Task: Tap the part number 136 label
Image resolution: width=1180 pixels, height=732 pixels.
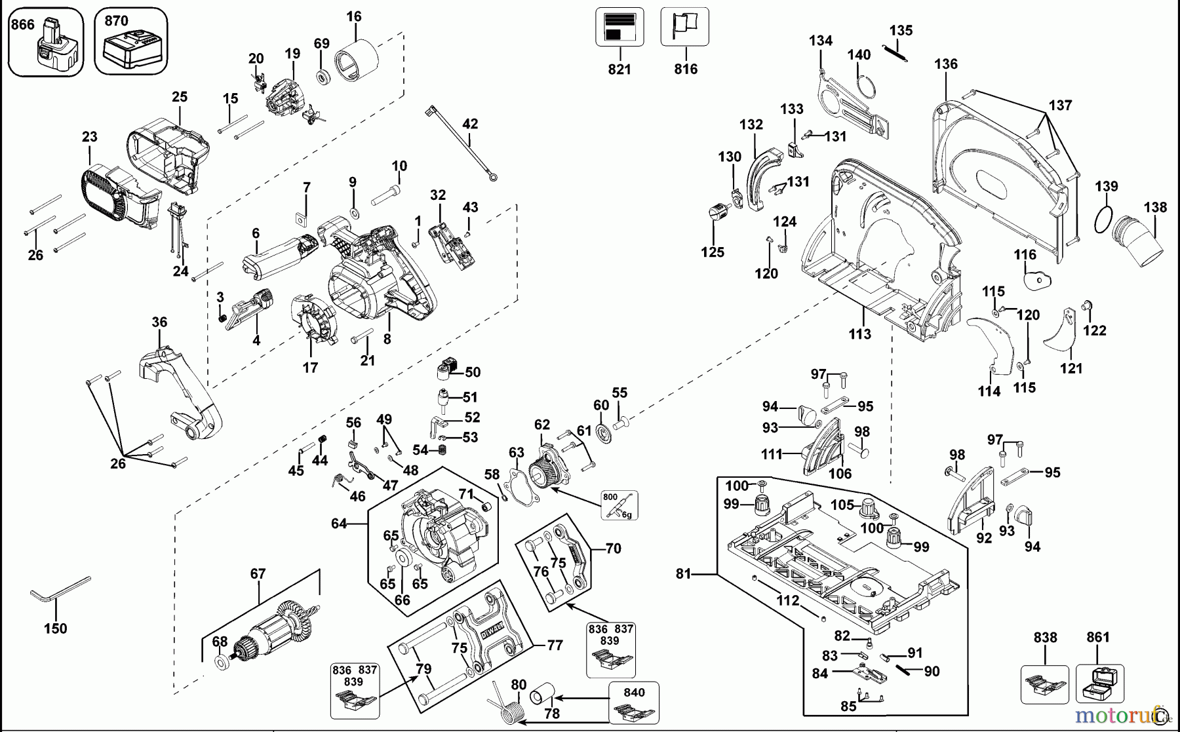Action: pos(946,64)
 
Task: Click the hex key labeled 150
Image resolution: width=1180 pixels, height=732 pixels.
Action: pos(59,590)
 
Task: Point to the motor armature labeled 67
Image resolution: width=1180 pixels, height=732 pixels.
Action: pos(269,629)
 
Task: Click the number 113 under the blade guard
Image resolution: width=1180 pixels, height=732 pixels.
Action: pos(859,334)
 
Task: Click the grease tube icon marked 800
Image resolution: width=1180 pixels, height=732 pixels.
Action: pos(619,505)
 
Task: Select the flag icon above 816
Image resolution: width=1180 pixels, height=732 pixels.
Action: pos(684,27)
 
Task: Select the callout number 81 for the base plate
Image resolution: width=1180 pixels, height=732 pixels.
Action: pos(684,574)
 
